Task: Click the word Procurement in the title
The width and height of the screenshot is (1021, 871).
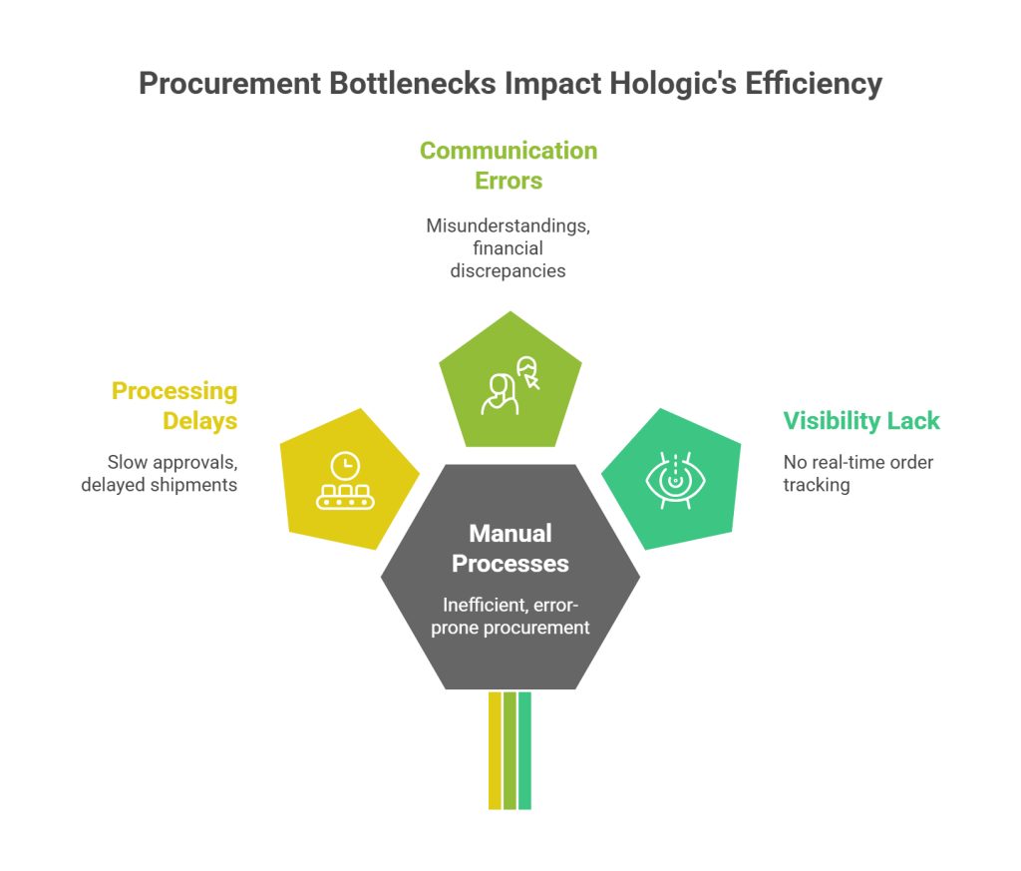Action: tap(227, 84)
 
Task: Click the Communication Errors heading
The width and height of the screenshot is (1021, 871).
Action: tap(509, 166)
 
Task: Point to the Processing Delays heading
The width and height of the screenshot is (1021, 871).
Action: tap(174, 405)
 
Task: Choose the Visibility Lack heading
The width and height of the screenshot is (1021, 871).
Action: tap(861, 421)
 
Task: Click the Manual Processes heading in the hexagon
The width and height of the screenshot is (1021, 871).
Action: tap(510, 549)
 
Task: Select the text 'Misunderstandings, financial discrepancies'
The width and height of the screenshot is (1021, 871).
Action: tap(509, 247)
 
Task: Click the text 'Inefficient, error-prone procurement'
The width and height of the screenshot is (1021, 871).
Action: tap(510, 616)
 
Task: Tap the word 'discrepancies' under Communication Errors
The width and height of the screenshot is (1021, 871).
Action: tap(509, 270)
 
